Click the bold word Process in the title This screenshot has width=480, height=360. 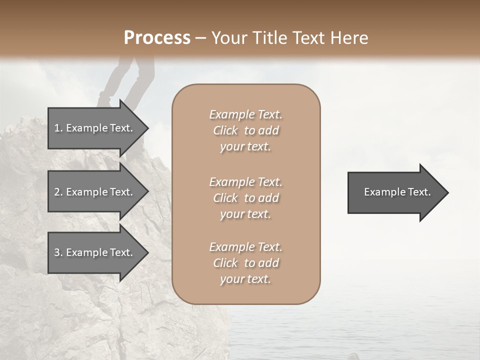[157, 38]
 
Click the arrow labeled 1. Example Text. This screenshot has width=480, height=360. [95, 128]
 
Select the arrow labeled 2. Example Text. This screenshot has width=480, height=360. [95, 192]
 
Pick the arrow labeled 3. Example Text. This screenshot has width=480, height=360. [95, 252]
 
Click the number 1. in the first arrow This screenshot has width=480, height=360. [58, 128]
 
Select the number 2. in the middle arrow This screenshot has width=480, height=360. [58, 192]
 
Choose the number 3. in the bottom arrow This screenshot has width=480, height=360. [58, 252]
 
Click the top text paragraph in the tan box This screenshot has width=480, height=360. [245, 130]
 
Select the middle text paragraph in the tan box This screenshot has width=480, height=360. [245, 197]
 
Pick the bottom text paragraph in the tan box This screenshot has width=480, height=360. [245, 263]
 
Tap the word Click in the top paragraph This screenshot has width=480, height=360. [225, 130]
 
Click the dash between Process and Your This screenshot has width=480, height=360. [200, 38]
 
